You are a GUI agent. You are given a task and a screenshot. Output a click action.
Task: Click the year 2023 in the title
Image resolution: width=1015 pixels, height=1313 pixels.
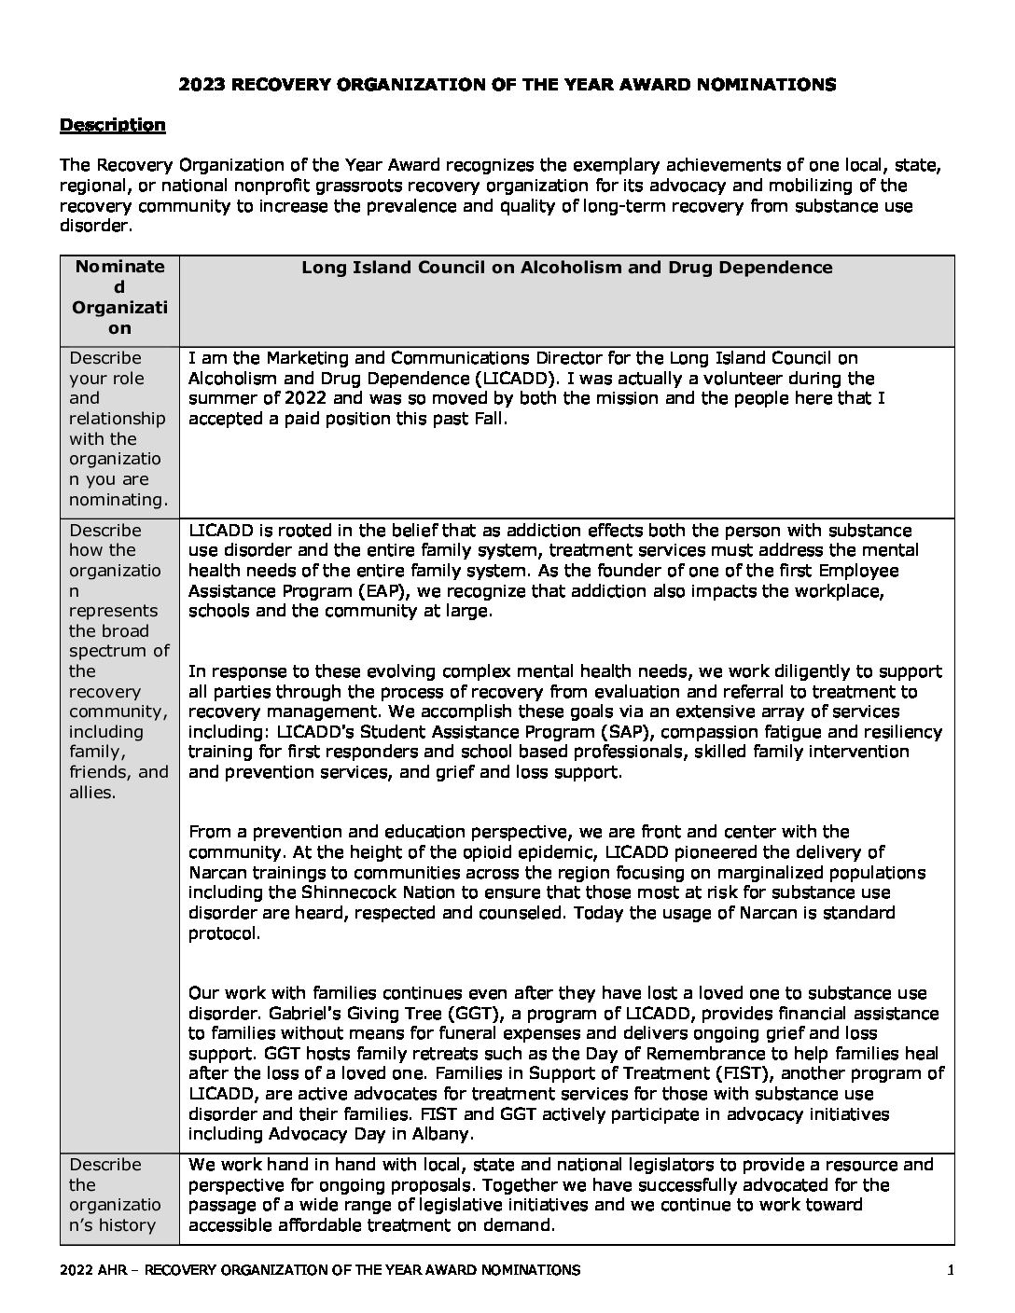(201, 85)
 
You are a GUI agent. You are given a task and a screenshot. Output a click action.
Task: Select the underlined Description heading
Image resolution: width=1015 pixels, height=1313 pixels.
(112, 125)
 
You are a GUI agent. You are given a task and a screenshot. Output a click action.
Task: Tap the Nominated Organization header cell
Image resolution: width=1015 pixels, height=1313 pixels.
(119, 297)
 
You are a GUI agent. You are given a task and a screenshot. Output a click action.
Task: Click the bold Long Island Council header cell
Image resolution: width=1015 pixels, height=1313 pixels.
(566, 268)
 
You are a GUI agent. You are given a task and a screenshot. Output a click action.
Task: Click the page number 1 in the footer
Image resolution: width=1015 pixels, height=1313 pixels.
(949, 1270)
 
